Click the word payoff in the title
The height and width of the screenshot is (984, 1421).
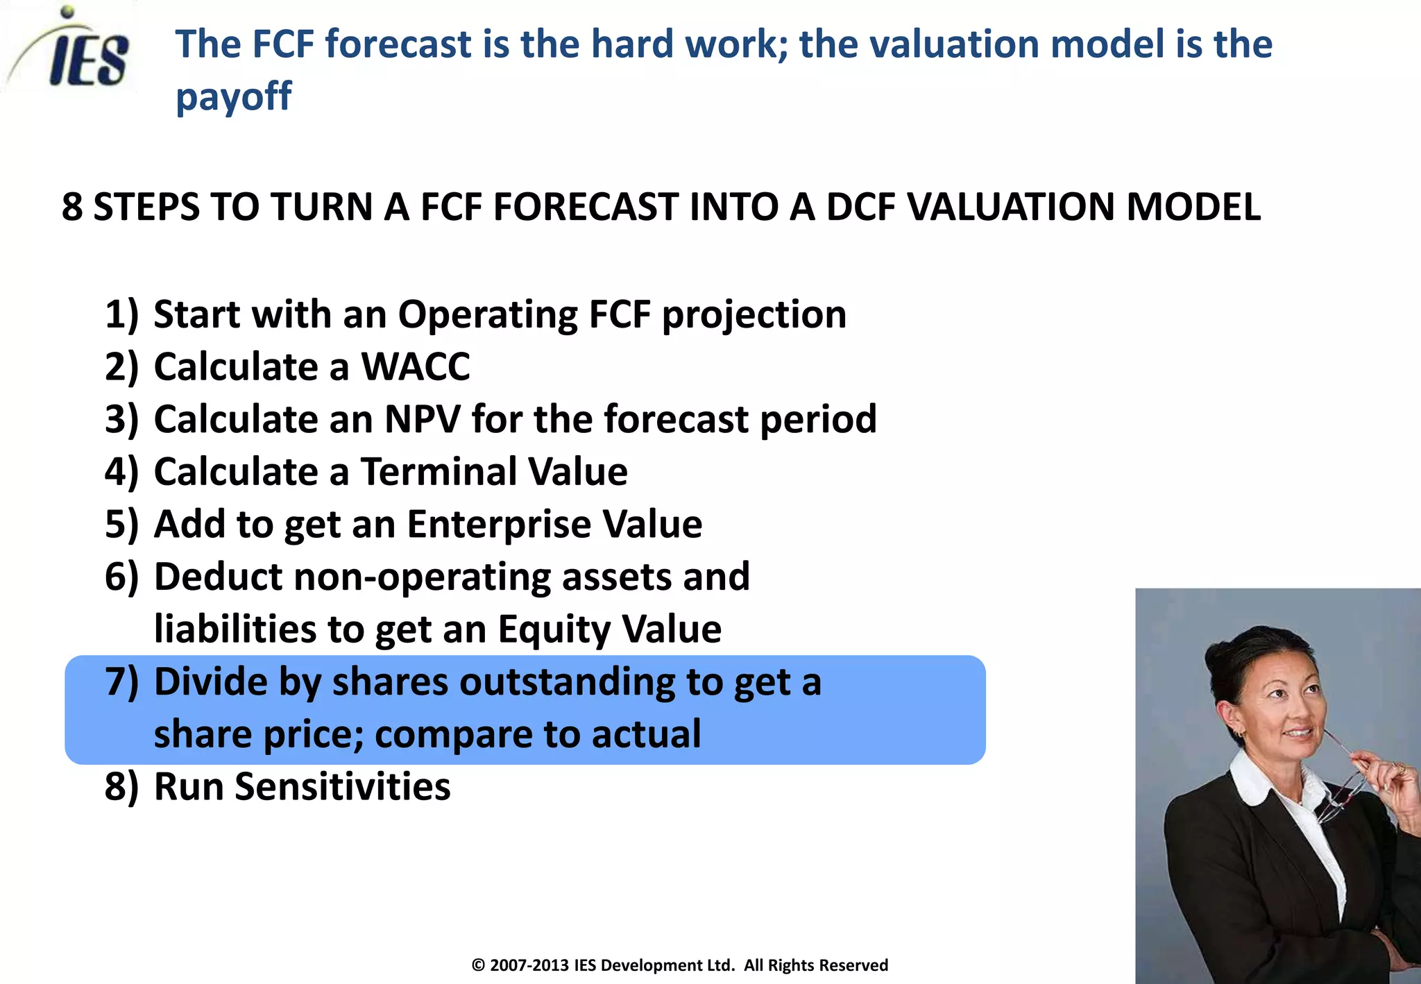click(233, 97)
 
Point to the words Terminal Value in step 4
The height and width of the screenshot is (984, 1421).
click(494, 472)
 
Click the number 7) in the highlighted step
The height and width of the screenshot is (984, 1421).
click(121, 681)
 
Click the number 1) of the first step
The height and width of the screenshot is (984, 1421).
click(121, 314)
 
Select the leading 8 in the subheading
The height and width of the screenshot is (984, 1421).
click(72, 207)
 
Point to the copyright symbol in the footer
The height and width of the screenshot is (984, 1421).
click(478, 965)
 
